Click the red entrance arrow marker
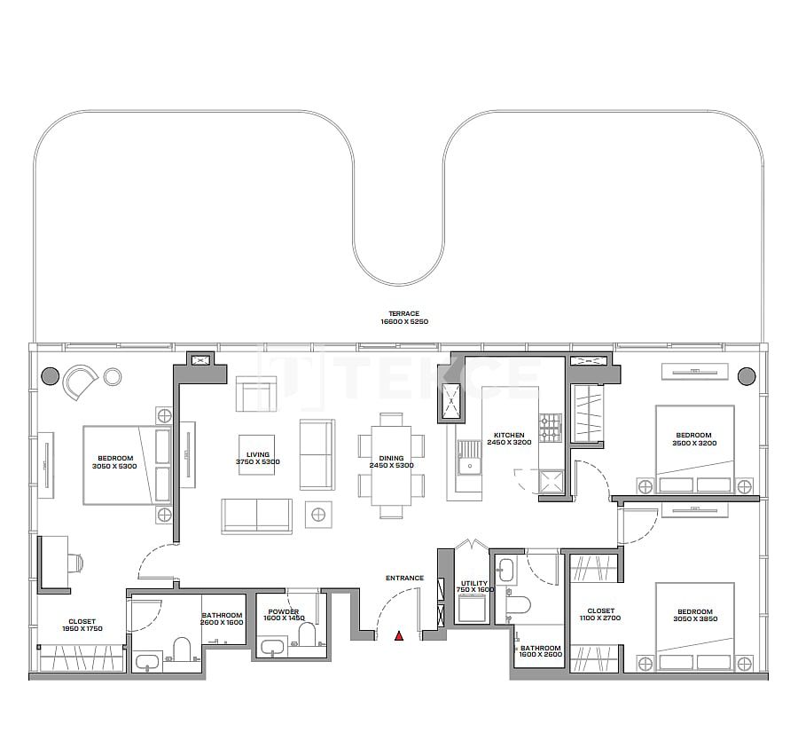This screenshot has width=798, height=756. [x=399, y=635]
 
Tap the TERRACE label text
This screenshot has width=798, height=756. [x=403, y=318]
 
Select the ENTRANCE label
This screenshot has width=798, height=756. [x=404, y=579]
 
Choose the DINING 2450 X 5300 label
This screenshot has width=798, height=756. [x=391, y=461]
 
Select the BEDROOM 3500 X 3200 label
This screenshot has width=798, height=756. [x=693, y=439]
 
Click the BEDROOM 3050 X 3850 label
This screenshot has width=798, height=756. [x=694, y=615]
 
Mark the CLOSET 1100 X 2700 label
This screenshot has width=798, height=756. [x=600, y=614]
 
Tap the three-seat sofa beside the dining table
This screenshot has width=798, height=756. [x=317, y=454]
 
